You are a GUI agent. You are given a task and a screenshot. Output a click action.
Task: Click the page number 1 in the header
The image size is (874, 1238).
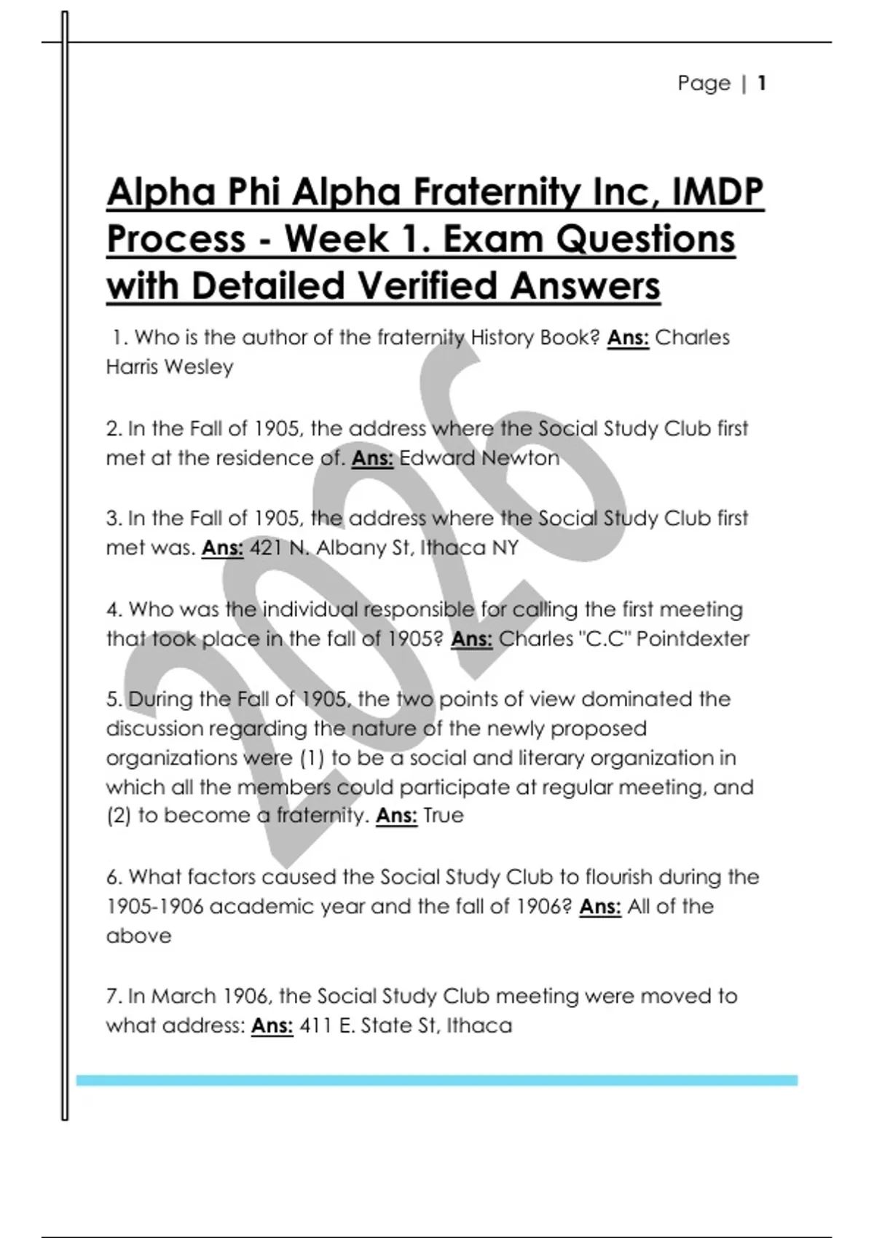click(x=762, y=83)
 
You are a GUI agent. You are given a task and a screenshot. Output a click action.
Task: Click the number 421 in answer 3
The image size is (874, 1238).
click(x=266, y=548)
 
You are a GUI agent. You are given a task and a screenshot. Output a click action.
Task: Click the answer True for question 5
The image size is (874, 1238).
click(x=444, y=816)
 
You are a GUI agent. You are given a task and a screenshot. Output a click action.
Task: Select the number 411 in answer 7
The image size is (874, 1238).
click(x=314, y=1026)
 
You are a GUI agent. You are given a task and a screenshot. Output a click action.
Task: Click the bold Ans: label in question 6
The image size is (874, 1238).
click(x=600, y=907)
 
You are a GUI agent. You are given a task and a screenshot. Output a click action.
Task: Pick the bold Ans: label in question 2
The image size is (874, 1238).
click(x=372, y=458)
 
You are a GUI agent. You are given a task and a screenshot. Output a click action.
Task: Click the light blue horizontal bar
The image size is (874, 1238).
click(x=437, y=1081)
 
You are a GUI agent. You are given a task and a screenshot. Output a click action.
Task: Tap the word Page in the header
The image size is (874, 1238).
click(x=704, y=83)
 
